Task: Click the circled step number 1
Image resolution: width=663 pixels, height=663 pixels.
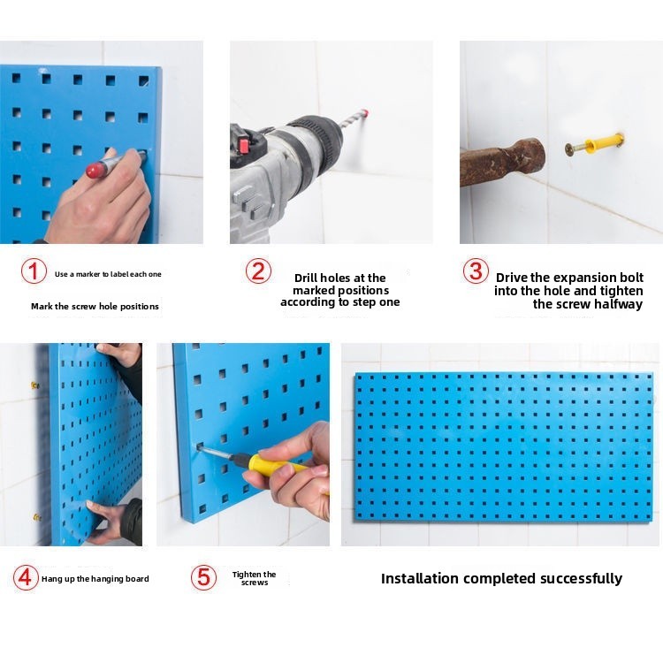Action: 34,271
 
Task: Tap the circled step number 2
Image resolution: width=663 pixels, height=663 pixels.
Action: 258,271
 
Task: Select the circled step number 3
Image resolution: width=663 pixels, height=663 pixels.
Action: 476,271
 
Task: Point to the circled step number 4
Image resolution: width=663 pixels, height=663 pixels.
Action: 26,577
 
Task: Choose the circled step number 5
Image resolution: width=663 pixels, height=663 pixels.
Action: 203,577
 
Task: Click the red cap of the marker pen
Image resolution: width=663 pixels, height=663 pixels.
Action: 94,170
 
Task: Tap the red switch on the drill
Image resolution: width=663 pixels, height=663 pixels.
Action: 245,145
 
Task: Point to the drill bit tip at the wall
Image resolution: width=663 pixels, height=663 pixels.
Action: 366,113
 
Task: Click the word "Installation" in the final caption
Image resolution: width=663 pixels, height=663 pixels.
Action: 419,578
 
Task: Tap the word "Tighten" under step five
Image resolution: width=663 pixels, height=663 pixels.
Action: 245,575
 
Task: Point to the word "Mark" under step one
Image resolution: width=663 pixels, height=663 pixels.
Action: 41,306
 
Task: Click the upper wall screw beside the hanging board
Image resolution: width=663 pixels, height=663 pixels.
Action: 34,385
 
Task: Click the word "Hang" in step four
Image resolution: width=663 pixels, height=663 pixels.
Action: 50,579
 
